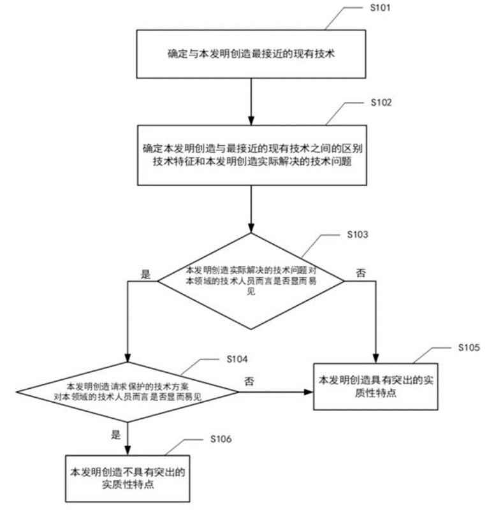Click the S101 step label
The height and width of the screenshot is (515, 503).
pyautogui.click(x=372, y=9)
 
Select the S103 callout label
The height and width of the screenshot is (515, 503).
pyautogui.click(x=358, y=235)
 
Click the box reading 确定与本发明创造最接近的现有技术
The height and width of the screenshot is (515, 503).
pyautogui.click(x=251, y=55)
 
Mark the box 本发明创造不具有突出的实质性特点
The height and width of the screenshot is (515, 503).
pyautogui.click(x=128, y=479)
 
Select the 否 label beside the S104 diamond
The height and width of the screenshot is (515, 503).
pyautogui.click(x=249, y=381)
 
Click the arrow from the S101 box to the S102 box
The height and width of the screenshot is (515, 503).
pyautogui.click(x=251, y=99)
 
